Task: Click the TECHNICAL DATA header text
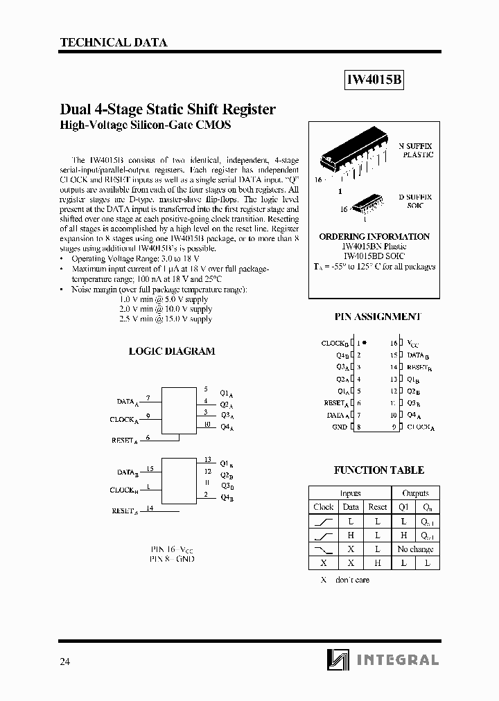114,42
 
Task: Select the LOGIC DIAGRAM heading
172,351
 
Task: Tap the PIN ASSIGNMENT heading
378,317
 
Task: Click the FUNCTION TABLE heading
378,470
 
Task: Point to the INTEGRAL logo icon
338,660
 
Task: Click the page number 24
65,661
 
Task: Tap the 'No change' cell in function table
415,549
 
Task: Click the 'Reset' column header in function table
377,507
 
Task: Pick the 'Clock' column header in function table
323,507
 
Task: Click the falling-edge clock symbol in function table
324,549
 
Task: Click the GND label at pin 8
340,427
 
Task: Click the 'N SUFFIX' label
415,146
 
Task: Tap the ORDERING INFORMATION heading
374,236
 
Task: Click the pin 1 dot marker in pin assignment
365,342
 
